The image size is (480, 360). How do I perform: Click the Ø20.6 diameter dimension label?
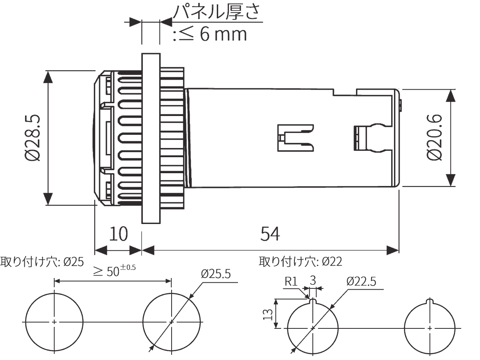tap(434, 138)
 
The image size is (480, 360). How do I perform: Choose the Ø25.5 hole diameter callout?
tap(216, 274)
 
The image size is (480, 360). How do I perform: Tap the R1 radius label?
tap(291, 281)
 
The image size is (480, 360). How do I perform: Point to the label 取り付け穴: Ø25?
tap(42, 262)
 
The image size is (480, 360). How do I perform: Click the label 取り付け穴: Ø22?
tap(300, 262)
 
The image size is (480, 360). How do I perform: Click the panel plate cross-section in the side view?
tap(151, 138)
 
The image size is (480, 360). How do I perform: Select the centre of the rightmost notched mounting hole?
tap(430, 328)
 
